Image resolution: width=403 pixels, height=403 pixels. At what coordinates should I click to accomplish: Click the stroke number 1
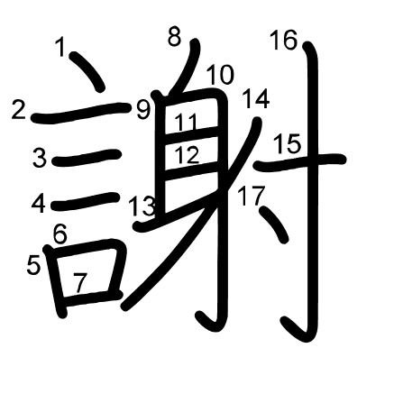60,47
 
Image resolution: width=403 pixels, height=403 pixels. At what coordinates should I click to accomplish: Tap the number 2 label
18,109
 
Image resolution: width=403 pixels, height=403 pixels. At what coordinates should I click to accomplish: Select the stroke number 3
40,158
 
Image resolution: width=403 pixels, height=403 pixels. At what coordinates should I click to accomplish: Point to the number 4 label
39,204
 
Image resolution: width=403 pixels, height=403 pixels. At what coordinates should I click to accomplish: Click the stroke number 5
33,265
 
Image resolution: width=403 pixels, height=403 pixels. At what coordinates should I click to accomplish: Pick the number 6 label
60,234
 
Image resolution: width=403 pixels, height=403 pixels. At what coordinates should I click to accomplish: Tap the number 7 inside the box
80,283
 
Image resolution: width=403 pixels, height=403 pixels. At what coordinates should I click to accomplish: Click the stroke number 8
174,37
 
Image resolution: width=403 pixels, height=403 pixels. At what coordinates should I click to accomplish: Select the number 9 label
143,110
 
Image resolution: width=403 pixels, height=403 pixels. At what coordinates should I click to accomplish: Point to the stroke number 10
220,75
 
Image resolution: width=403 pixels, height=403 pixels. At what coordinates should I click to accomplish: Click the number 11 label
187,123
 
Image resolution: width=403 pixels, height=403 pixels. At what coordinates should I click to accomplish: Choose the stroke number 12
187,155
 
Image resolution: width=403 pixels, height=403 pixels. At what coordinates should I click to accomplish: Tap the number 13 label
142,206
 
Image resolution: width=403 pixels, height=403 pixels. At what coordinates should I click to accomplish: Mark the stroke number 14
256,99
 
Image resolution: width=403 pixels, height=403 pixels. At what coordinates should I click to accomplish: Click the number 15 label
288,144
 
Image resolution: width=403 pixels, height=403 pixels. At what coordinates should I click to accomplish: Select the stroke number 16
284,40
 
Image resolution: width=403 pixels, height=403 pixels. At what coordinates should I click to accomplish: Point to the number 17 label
252,196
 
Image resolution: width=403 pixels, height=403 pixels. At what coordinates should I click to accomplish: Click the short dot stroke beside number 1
87,72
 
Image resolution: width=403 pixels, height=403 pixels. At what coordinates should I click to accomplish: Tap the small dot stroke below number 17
274,224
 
